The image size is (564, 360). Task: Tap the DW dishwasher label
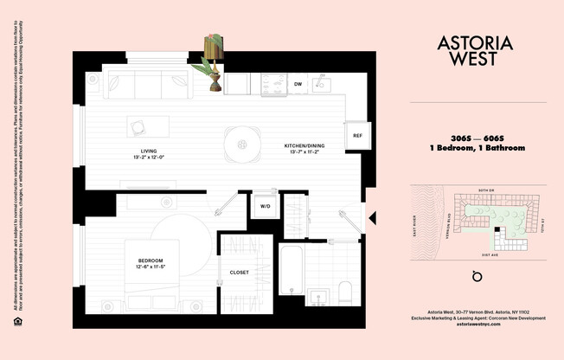point(298,84)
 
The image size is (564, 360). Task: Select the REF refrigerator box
point(357,136)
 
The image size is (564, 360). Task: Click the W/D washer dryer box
point(264,207)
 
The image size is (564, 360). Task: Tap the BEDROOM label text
point(151,260)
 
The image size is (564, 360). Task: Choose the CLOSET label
point(240,273)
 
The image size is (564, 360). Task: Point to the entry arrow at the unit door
point(370,219)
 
